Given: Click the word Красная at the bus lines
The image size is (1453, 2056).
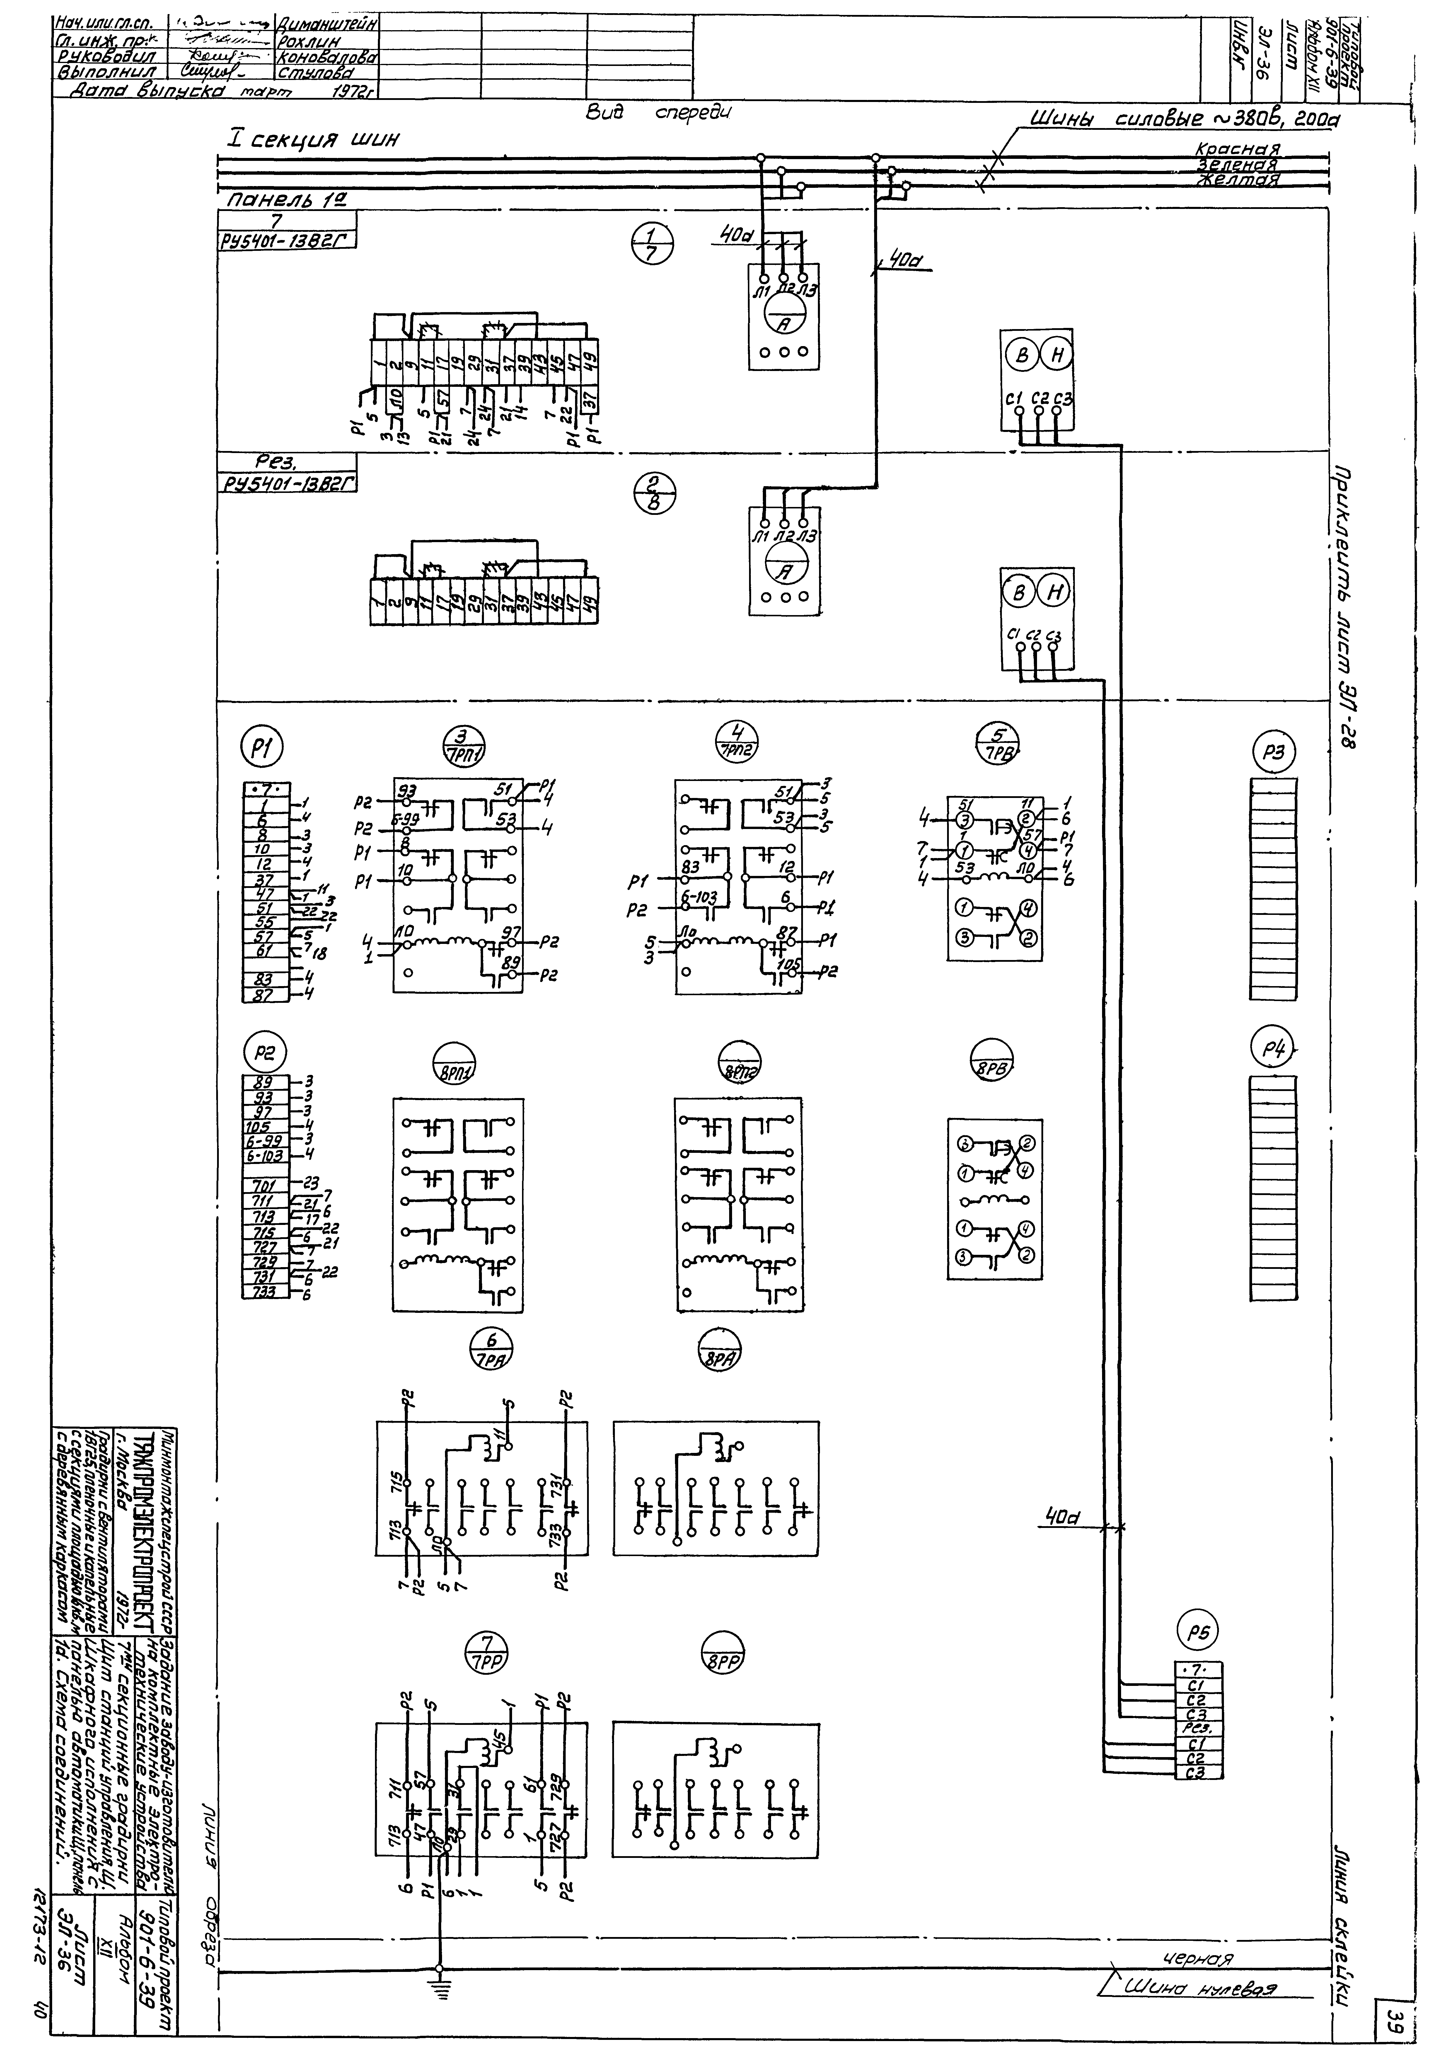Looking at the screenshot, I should pos(1238,149).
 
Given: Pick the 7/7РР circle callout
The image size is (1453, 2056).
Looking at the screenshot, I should pos(488,1647).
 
